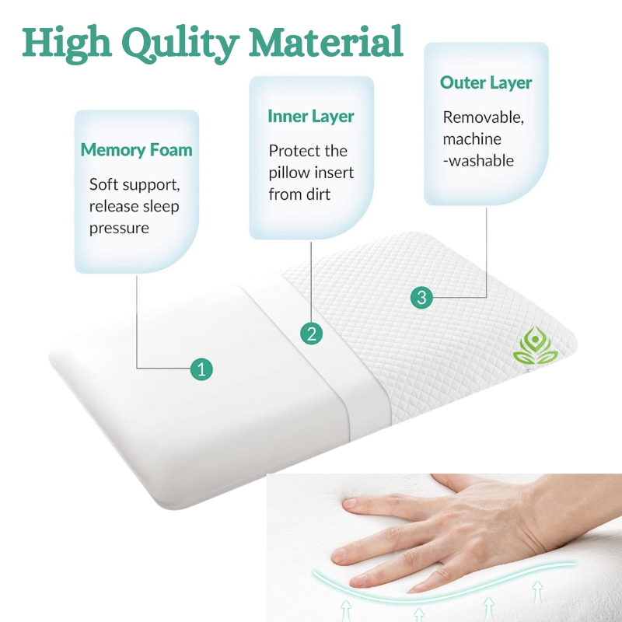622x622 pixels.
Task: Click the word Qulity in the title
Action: tap(180, 44)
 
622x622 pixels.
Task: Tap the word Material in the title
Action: tap(326, 41)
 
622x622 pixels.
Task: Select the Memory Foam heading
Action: tap(137, 150)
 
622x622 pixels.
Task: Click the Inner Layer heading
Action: tap(311, 116)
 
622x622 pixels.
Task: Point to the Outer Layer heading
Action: tap(486, 82)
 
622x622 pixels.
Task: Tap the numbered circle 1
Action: tap(201, 369)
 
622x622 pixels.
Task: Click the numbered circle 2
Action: tap(312, 334)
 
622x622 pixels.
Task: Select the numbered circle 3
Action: tap(421, 298)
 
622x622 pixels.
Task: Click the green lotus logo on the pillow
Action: tap(536, 345)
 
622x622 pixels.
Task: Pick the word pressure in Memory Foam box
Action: tap(119, 229)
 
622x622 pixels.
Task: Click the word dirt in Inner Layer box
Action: tap(316, 194)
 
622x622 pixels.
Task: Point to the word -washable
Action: tap(478, 161)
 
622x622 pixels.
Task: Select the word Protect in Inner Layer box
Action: tap(290, 151)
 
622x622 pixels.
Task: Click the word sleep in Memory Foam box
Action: tap(161, 207)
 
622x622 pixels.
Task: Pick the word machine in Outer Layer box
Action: tap(472, 139)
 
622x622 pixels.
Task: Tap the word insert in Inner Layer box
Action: tap(334, 173)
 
